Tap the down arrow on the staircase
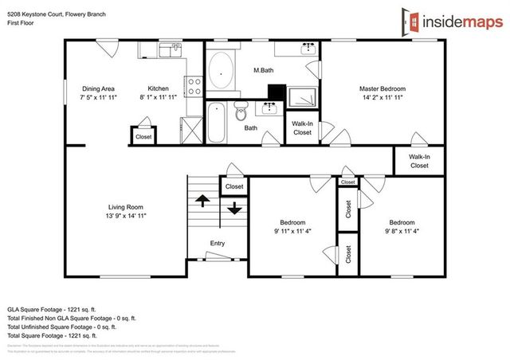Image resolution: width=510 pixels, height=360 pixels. (x=234, y=209)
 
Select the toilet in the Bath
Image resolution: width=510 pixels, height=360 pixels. (x=242, y=115)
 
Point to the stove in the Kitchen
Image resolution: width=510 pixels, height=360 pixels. (x=193, y=84)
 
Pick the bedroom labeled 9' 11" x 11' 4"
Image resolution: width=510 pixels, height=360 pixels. (x=292, y=227)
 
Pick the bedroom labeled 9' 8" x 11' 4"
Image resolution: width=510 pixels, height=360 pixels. (x=402, y=227)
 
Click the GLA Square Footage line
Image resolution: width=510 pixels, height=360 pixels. (x=62, y=308)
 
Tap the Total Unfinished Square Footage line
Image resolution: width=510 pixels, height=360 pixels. (x=62, y=327)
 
